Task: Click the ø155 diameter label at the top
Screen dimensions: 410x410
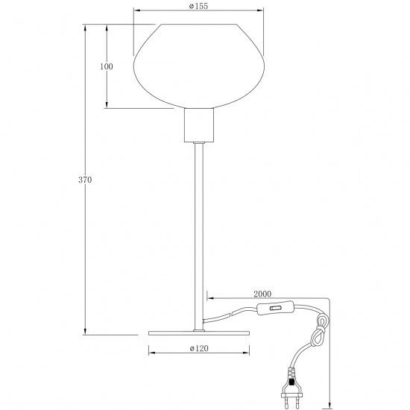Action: pos(198,5)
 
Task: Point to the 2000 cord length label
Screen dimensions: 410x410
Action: pos(262,294)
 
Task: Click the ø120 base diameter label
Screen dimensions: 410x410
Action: pos(198,348)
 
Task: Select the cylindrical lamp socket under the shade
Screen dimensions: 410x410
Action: pos(198,127)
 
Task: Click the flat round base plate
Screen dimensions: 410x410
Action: pos(198,332)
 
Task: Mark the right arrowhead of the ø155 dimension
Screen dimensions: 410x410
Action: pos(262,10)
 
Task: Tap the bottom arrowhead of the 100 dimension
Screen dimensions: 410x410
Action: pos(107,106)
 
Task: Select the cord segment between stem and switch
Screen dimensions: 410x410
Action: pos(231,313)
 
